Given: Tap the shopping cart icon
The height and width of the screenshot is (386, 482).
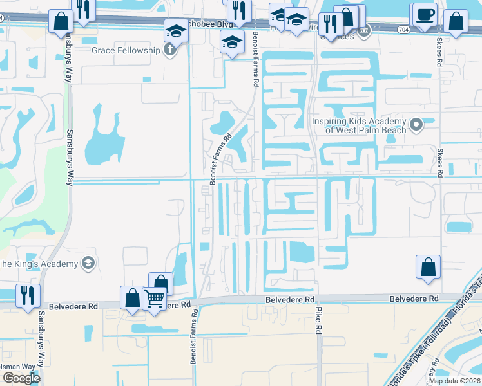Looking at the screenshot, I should (x=155, y=298).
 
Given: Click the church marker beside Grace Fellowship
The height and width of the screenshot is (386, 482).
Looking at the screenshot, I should (x=170, y=50).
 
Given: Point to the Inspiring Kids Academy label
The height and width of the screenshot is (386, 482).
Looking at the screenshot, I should (x=359, y=125).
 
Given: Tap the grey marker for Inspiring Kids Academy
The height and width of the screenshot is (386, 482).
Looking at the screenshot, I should (x=416, y=123).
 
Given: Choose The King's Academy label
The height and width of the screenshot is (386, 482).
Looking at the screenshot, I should (x=38, y=264).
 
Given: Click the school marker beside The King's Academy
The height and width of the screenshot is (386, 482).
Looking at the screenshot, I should (x=88, y=263).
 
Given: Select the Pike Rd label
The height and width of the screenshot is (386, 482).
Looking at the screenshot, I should (x=318, y=320).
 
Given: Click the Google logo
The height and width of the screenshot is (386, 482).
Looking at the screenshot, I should (x=21, y=378).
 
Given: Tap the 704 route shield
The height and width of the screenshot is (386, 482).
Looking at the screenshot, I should (x=403, y=30).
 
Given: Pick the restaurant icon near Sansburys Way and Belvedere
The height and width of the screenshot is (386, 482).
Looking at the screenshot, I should (x=28, y=295).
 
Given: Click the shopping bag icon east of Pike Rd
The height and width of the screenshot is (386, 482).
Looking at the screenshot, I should (x=429, y=266).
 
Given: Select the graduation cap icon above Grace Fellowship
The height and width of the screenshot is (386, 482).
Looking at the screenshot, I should (x=176, y=30).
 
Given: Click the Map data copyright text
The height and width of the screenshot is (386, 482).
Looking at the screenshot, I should (x=455, y=381).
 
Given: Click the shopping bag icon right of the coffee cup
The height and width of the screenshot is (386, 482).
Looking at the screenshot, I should (x=456, y=21).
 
